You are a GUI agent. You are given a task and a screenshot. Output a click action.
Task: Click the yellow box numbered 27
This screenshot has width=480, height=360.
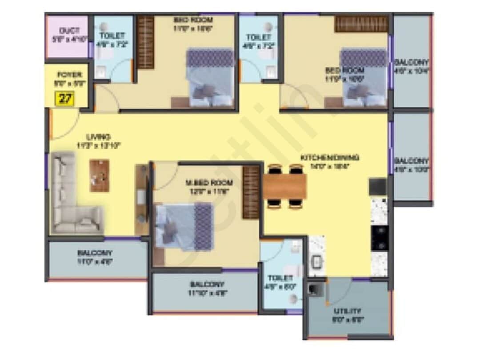[x=65, y=98]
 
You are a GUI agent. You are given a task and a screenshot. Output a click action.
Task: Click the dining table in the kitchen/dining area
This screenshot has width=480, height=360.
[x=284, y=187]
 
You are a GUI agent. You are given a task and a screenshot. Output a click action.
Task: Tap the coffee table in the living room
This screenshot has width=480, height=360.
[x=99, y=176]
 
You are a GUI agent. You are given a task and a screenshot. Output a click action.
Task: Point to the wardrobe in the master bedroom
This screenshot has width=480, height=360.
[x=251, y=192]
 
